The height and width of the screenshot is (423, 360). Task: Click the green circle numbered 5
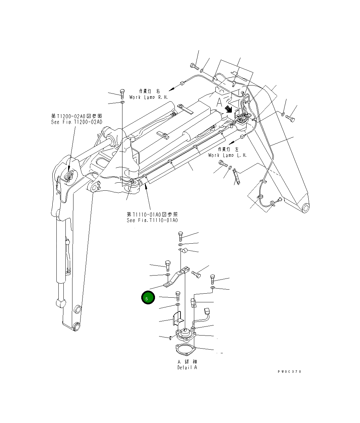coord(148,298)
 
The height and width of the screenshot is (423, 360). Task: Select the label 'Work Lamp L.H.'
coord(227,155)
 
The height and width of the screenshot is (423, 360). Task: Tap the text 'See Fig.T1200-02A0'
coord(77,122)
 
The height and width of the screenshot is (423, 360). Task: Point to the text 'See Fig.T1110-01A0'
coord(152,220)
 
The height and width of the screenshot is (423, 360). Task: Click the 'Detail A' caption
coord(187,367)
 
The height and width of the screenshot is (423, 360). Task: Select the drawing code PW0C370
coord(289,372)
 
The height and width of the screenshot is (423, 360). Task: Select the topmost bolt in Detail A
coord(181,236)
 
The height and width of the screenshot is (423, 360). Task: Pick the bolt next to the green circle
coord(177,296)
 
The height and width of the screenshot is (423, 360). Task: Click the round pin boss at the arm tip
coord(306,208)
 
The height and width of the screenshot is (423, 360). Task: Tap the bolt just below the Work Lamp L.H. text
coord(223,164)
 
